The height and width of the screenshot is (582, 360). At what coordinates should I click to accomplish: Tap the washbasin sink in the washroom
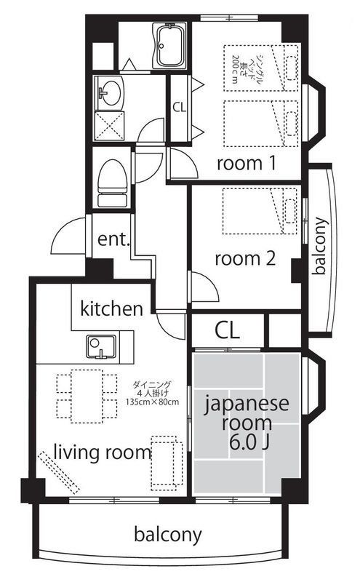(111, 92)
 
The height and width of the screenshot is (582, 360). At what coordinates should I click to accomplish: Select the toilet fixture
(113, 179)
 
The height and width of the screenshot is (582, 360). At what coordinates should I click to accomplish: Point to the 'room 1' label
(246, 163)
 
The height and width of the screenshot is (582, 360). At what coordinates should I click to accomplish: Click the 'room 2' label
(244, 258)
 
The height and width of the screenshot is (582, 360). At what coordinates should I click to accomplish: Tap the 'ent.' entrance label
(113, 240)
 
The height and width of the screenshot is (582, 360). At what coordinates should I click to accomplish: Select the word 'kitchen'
(111, 308)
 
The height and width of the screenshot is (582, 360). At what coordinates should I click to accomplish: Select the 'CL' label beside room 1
(179, 107)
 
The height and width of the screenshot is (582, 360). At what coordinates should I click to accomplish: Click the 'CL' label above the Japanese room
(226, 330)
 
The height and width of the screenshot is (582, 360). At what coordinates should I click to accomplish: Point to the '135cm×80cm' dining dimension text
(152, 402)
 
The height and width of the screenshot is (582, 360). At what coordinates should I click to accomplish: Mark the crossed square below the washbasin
(111, 127)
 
